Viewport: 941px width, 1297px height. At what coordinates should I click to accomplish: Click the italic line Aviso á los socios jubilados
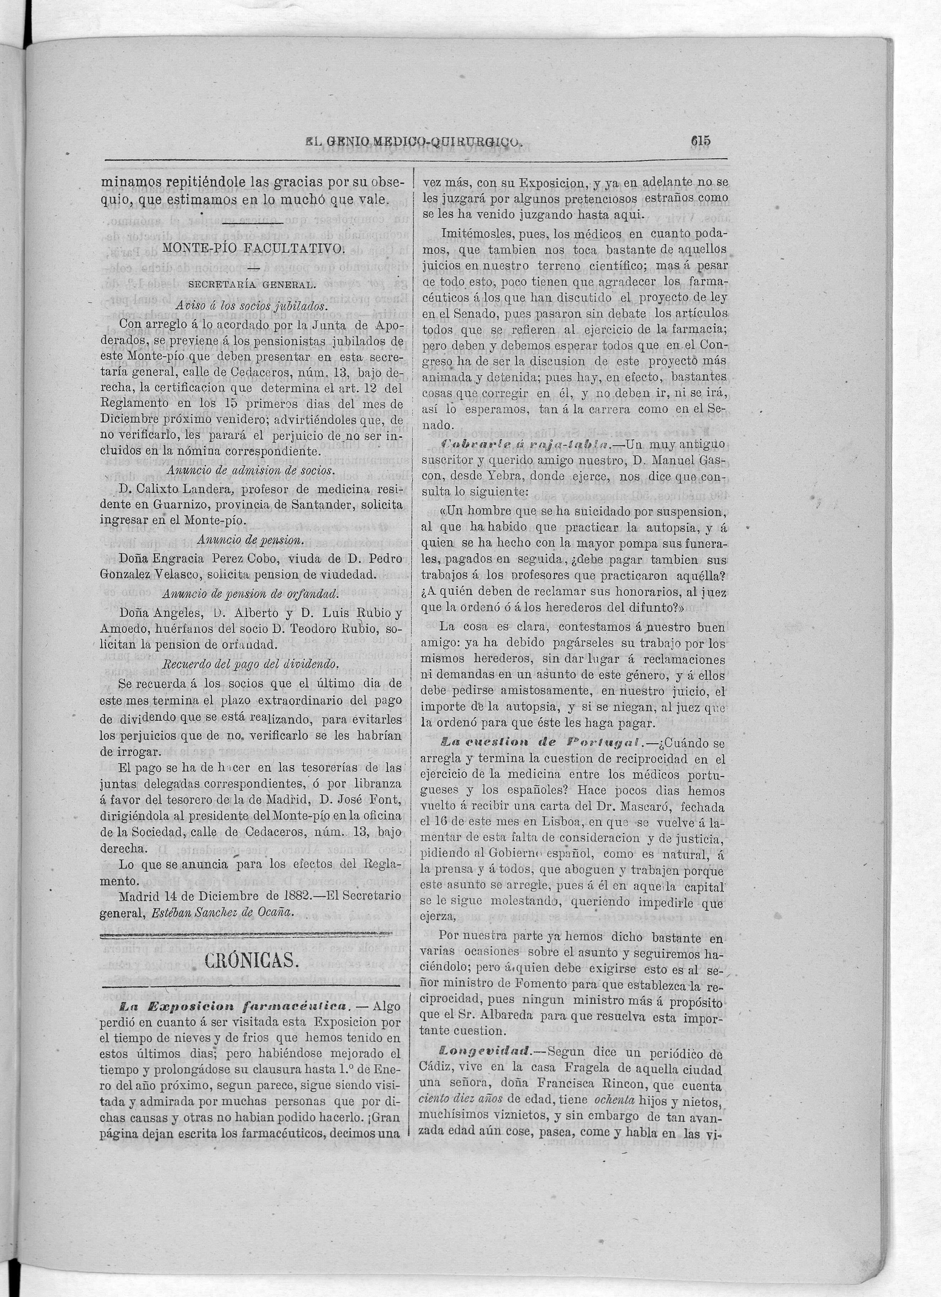[x=252, y=306]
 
